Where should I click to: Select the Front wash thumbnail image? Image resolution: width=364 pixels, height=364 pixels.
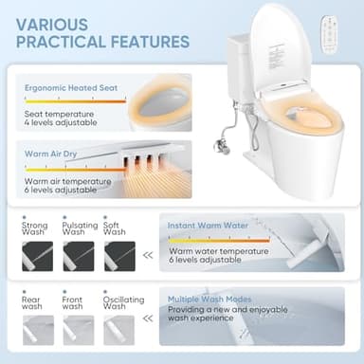click(x=79, y=328)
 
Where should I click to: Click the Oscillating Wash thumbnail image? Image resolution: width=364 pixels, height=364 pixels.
click(x=118, y=328)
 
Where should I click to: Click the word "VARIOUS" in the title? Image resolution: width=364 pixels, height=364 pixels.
click(x=54, y=22)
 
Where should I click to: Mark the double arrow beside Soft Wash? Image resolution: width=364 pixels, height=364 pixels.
click(x=146, y=255)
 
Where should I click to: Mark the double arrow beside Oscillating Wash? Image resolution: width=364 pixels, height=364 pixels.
click(x=146, y=327)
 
